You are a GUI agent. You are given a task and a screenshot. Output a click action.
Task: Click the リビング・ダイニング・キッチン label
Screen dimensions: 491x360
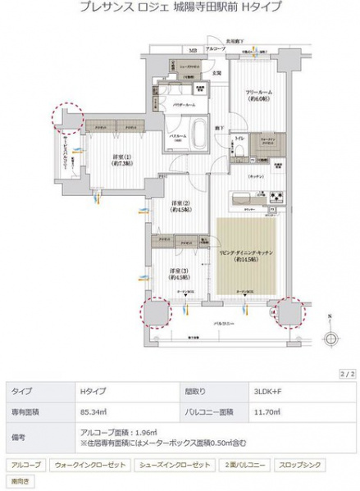[250, 257]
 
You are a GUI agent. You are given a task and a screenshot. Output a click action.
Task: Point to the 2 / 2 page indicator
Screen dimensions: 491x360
[345, 373]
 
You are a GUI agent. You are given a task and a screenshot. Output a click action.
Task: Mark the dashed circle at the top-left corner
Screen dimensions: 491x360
[66, 116]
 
